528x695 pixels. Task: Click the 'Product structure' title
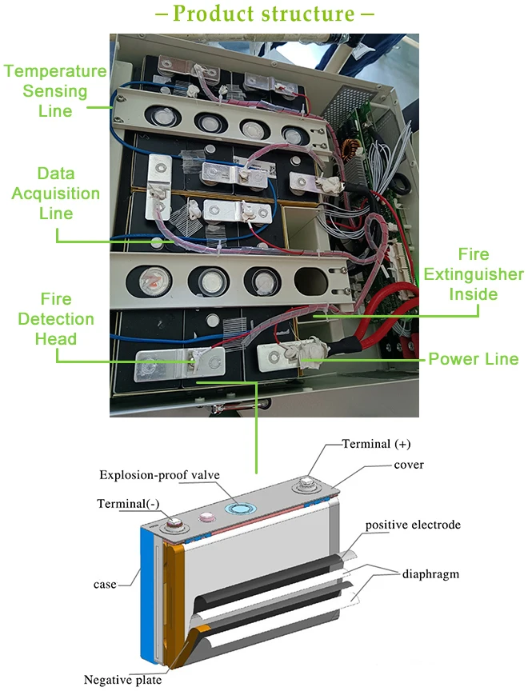pyautogui.click(x=264, y=14)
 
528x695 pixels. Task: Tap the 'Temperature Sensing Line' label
pyautogui.click(x=55, y=91)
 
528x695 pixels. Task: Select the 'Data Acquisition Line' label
pyautogui.click(x=56, y=194)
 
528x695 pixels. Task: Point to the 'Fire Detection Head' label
pyautogui.click(x=56, y=318)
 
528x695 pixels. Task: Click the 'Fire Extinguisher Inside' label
pyautogui.click(x=474, y=274)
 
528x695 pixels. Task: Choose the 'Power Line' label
pyautogui.click(x=474, y=358)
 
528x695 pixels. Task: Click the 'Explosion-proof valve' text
pyautogui.click(x=159, y=475)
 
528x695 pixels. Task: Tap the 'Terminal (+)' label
pyautogui.click(x=376, y=444)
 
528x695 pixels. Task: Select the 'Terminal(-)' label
pyautogui.click(x=128, y=504)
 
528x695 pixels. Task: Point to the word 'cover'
pyautogui.click(x=409, y=465)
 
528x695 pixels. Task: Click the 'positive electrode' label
pyautogui.click(x=413, y=525)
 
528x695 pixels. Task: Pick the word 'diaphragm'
pyautogui.click(x=430, y=574)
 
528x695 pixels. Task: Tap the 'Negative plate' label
pyautogui.click(x=123, y=680)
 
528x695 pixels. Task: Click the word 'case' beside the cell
pyautogui.click(x=105, y=585)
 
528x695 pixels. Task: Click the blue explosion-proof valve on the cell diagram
pyautogui.click(x=240, y=509)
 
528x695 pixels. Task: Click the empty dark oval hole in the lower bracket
pyautogui.click(x=310, y=281)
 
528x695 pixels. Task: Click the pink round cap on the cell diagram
pyautogui.click(x=206, y=516)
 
